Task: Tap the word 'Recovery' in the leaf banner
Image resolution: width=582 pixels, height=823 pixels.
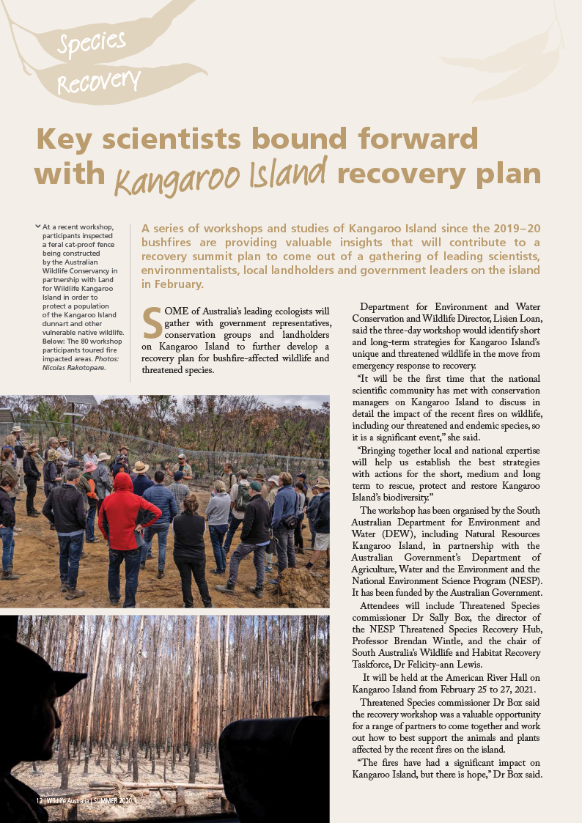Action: pos(98,80)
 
